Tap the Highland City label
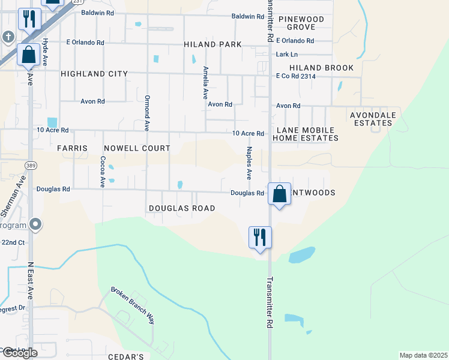pyautogui.click(x=94, y=74)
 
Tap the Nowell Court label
pyautogui.click(x=137, y=148)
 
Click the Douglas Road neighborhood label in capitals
pyautogui.click(x=182, y=208)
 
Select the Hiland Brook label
pyautogui.click(x=321, y=68)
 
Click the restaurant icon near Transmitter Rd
pyautogui.click(x=260, y=237)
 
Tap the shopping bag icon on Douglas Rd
pyautogui.click(x=279, y=194)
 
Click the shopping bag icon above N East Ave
pyautogui.click(x=29, y=55)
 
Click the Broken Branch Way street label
pyautogui.click(x=133, y=306)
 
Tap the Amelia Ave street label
pyautogui.click(x=205, y=82)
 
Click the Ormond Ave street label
pyautogui.click(x=146, y=113)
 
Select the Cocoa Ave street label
pyautogui.click(x=103, y=172)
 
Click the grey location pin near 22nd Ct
pyautogui.click(x=35, y=224)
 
